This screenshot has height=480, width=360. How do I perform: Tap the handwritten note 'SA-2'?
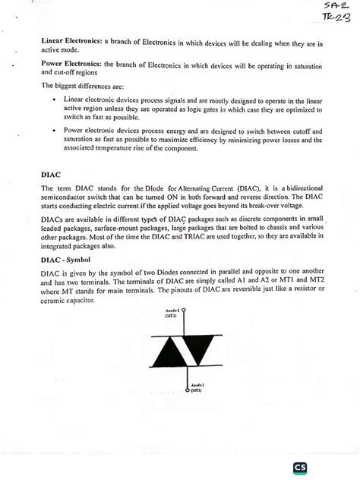tap(332, 6)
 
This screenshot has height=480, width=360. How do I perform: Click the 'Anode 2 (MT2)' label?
tap(172, 313)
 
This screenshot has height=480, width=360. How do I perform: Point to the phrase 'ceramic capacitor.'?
tap(69, 301)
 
